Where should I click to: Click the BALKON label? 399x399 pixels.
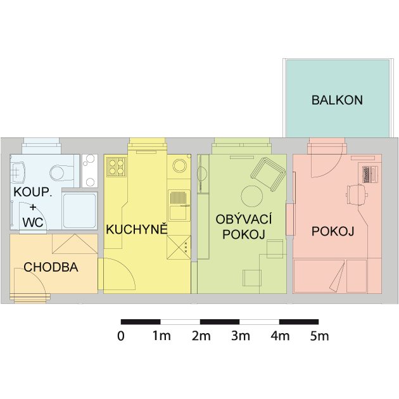click(337, 100)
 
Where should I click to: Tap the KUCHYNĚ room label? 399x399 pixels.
click(137, 229)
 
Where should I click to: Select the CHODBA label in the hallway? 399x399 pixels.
click(51, 267)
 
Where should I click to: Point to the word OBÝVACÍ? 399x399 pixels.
click(244, 219)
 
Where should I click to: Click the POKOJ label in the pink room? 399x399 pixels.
click(333, 231)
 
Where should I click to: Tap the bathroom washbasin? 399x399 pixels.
click(18, 172)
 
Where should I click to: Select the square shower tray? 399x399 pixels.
click(80, 210)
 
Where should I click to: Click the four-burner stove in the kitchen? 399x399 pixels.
click(117, 167)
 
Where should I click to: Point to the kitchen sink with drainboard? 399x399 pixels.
click(179, 205)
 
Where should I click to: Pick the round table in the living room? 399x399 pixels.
click(251, 196)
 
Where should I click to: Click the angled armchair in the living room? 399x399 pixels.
click(268, 174)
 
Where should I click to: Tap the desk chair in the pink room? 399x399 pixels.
click(357, 194)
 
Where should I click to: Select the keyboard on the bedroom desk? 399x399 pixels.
click(367, 174)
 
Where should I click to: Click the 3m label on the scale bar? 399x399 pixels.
click(241, 336)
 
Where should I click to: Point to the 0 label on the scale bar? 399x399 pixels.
click(121, 336)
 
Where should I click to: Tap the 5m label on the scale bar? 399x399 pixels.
click(320, 336)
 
